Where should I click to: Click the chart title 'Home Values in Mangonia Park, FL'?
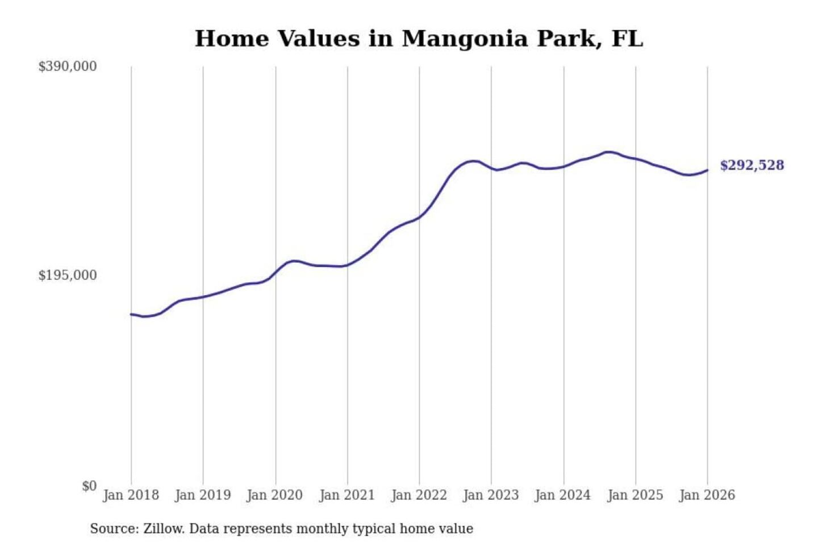pyautogui.click(x=419, y=39)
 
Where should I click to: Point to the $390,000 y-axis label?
pyautogui.click(x=68, y=66)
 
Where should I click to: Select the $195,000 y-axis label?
pyautogui.click(x=68, y=275)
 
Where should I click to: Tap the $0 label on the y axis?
pyautogui.click(x=89, y=486)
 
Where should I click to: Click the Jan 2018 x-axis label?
pyautogui.click(x=131, y=495)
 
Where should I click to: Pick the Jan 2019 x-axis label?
pyautogui.click(x=203, y=495)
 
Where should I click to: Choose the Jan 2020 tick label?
pyautogui.click(x=275, y=495)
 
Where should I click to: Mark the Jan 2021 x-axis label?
pyautogui.click(x=347, y=495)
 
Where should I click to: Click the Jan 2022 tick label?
pyautogui.click(x=419, y=495)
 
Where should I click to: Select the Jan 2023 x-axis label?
pyautogui.click(x=491, y=495)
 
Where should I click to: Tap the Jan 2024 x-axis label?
pyautogui.click(x=563, y=495)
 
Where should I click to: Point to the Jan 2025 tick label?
pyautogui.click(x=635, y=495)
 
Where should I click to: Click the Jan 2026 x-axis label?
pyautogui.click(x=707, y=495)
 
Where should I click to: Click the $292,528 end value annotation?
pyautogui.click(x=752, y=165)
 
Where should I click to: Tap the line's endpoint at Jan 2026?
pyautogui.click(x=708, y=170)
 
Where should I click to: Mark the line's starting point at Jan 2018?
pyautogui.click(x=131, y=314)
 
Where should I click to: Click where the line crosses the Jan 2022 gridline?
pyautogui.click(x=420, y=217)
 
